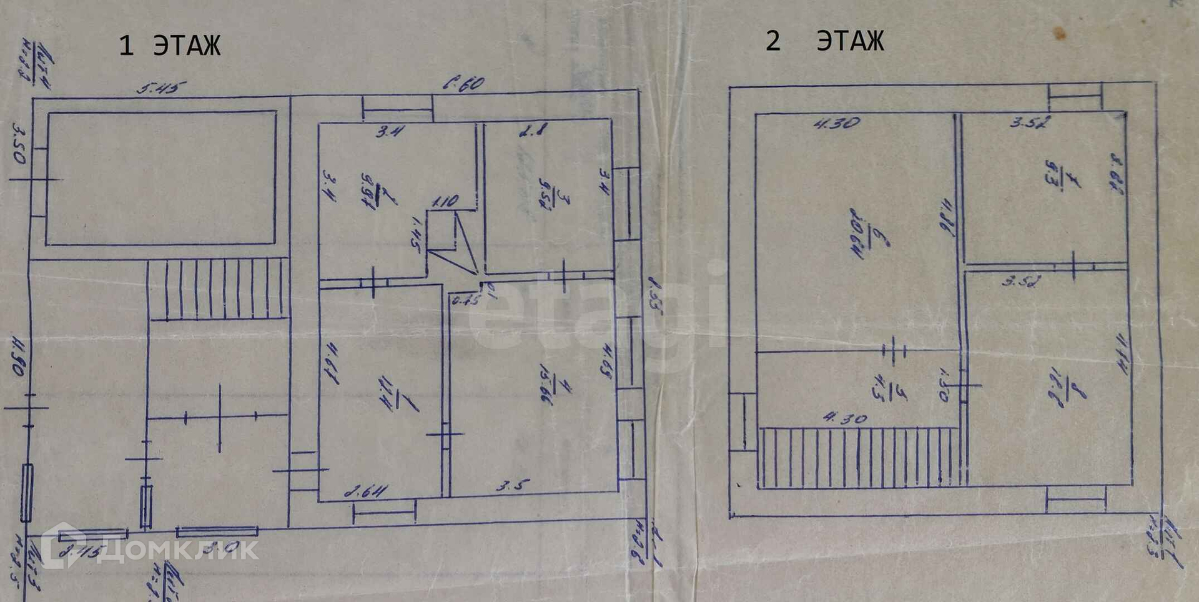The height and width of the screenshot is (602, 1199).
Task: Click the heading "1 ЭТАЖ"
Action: coord(169,46)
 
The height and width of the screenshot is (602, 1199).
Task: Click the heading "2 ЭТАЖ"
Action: coord(824,41)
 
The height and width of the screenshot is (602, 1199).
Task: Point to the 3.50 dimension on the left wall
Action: coord(19,143)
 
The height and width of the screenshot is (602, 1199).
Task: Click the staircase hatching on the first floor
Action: coord(218,289)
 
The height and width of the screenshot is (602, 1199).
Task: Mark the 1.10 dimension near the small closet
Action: coord(445,202)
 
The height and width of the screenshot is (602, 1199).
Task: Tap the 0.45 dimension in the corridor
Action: coord(466,300)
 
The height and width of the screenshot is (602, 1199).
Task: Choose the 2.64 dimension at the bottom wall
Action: coord(366,492)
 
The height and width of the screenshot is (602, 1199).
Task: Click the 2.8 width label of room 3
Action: coord(533,130)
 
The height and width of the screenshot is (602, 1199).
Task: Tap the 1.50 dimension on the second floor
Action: coord(944,385)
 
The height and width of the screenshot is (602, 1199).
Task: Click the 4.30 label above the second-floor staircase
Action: coord(845,418)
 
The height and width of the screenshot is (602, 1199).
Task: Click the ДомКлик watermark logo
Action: coord(150,548)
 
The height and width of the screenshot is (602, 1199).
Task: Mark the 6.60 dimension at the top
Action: coord(463,83)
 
